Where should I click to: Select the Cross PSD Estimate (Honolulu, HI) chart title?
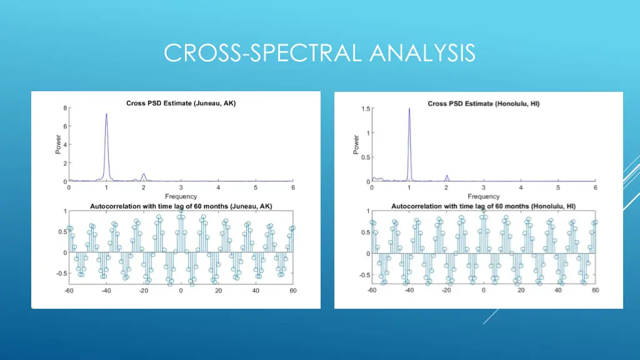[483, 104]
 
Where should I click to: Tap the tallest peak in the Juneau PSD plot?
[106, 115]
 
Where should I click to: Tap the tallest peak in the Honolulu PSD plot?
[409, 109]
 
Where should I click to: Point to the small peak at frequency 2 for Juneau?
[144, 174]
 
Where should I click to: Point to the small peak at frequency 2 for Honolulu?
[446, 176]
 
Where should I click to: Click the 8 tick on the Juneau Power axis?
[65, 108]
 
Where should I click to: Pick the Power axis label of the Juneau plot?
[58, 145]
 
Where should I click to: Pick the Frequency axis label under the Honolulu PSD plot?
[483, 196]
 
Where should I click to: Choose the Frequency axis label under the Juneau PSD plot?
[181, 196]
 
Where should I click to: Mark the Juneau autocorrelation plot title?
[181, 206]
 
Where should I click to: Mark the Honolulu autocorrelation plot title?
[483, 206]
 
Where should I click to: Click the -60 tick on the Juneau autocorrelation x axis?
[69, 291]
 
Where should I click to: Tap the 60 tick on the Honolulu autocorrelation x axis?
[595, 291]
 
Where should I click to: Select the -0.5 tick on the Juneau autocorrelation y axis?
[62, 273]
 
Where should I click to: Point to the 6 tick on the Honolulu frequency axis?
[595, 187]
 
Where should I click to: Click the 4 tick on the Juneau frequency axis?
[218, 187]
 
